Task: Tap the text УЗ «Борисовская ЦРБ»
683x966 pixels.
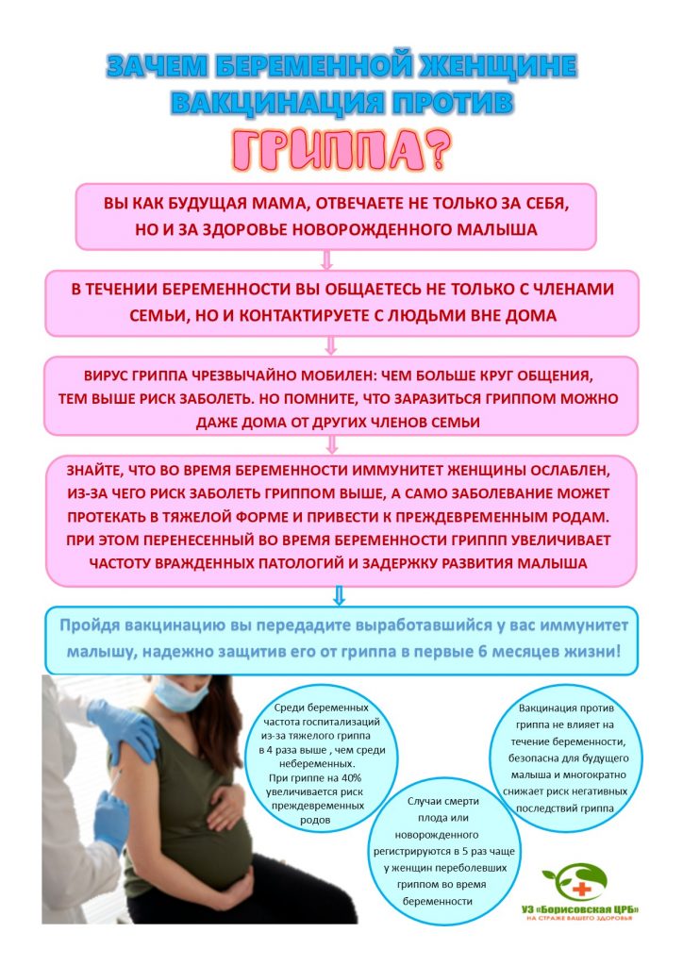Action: point(580,908)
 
